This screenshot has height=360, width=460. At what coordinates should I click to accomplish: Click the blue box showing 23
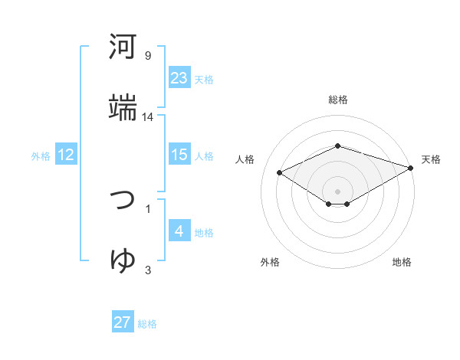179,78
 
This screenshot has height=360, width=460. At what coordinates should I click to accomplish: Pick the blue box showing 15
179,155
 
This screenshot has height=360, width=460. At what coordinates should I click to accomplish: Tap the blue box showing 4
179,231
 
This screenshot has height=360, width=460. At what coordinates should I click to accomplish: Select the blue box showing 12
66,155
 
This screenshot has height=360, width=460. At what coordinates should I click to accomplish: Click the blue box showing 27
123,322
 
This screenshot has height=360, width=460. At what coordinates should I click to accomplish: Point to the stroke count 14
148,117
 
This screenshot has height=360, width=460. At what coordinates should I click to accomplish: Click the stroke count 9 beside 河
148,56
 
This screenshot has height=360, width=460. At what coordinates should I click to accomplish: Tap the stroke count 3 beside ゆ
148,270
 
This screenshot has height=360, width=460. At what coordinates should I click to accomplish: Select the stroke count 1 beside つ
148,208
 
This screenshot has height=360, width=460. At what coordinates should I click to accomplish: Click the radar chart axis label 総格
338,100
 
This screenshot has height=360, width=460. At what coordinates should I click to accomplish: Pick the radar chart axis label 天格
431,159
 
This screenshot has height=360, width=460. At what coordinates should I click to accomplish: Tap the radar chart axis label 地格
402,262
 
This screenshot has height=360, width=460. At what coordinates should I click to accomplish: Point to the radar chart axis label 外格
270,262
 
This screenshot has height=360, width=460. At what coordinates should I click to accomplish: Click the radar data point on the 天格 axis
411,168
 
